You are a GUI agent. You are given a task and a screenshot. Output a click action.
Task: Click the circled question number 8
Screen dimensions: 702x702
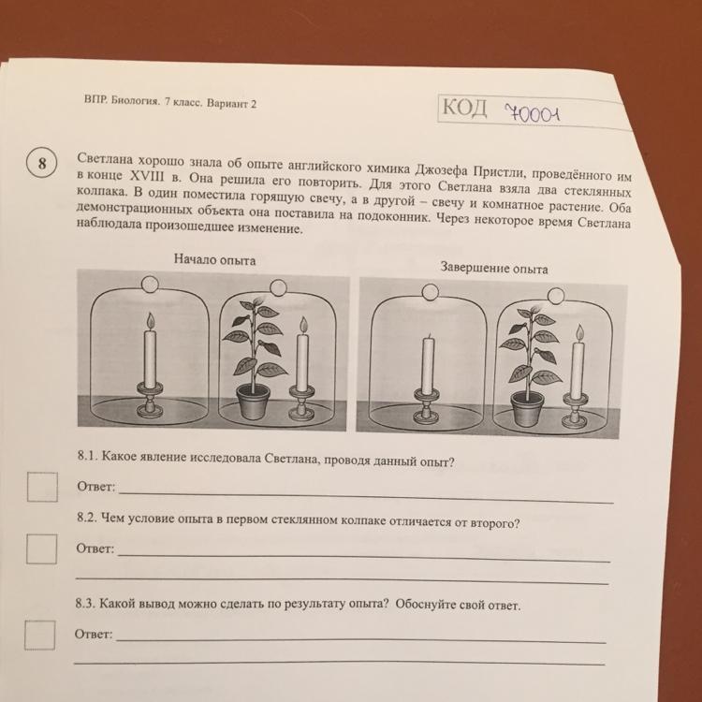41,163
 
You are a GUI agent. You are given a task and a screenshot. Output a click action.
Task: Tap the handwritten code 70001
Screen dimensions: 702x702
532,114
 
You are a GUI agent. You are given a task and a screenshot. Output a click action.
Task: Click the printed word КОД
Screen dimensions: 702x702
464,108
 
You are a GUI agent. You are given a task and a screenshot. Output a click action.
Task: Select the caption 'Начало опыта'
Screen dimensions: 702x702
215,259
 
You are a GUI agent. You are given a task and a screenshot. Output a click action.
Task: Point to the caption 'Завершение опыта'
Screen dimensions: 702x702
494,269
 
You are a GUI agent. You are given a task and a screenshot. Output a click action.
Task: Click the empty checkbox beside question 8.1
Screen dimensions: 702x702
42,487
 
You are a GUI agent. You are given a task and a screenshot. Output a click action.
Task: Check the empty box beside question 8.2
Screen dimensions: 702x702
41,548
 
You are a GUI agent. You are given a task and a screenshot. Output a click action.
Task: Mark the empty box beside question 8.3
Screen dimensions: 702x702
40,635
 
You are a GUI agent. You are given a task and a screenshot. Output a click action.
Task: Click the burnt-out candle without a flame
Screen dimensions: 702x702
428,365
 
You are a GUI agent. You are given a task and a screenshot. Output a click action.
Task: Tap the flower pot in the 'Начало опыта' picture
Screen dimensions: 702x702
254,402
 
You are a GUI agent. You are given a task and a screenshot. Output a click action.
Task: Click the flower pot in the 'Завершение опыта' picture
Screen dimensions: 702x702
528,409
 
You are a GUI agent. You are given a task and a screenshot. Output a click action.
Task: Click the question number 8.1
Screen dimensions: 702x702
87,456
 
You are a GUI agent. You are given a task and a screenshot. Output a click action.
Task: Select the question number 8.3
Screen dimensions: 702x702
85,604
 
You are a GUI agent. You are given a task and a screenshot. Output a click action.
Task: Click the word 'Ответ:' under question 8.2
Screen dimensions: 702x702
95,548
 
